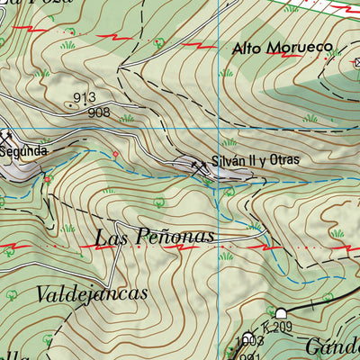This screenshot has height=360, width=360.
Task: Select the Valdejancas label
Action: (x=93, y=293)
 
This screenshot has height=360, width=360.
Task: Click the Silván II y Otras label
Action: (x=255, y=162)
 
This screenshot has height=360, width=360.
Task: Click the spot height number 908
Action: (x=98, y=112)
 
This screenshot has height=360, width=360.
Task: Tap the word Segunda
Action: (x=23, y=151)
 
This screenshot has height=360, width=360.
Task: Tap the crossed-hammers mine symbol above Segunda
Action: (x=7, y=137)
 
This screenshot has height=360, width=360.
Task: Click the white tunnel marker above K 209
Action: (x=281, y=312)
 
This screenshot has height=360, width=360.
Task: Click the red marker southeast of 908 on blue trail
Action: (x=114, y=156)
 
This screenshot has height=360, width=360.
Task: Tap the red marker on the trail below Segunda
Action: (x=47, y=179)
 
